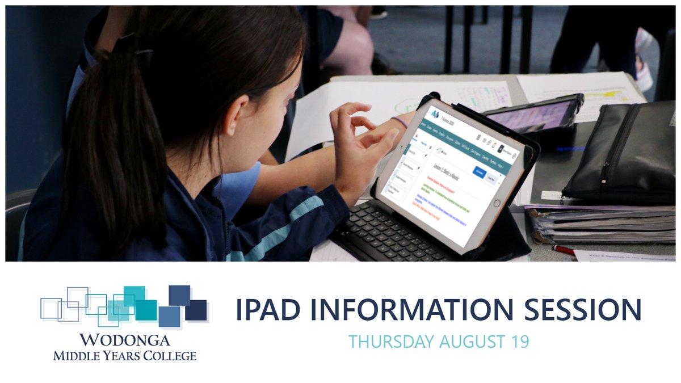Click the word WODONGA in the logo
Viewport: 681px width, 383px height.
[x=125, y=340]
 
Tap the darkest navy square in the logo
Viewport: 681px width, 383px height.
[x=196, y=310]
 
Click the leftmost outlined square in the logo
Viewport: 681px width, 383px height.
[x=51, y=308]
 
